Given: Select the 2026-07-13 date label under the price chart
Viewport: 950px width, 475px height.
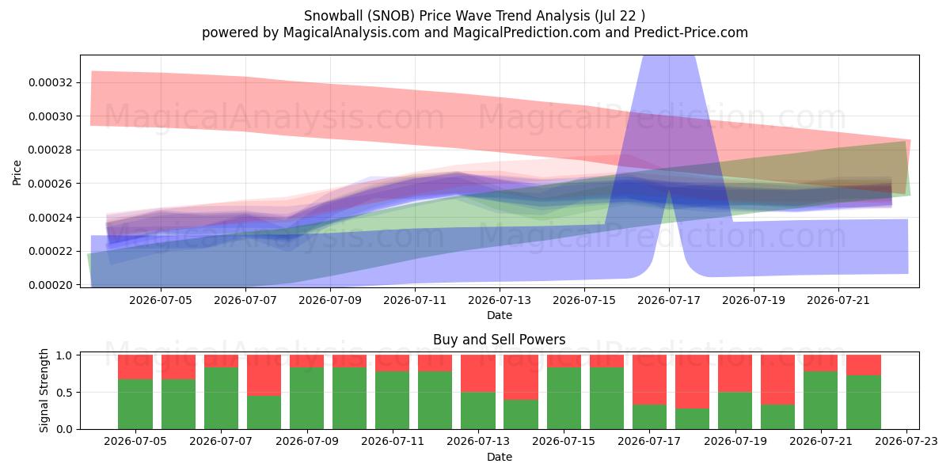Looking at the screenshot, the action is (500, 300).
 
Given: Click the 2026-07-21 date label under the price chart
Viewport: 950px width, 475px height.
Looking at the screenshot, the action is (838, 300).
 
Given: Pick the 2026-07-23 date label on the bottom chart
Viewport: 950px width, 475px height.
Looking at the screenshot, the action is (906, 442).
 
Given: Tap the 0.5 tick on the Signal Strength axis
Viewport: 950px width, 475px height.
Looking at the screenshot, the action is (63, 393).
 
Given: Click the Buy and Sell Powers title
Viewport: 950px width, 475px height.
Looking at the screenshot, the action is (500, 340).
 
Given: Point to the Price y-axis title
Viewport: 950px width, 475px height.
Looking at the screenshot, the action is (17, 173).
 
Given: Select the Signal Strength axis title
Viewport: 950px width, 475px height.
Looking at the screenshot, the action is (44, 390).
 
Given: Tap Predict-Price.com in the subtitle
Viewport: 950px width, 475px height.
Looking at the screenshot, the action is (691, 32).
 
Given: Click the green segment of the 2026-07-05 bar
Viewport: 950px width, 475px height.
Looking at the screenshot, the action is (135, 405).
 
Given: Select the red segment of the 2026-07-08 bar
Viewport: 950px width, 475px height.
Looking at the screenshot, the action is (264, 375).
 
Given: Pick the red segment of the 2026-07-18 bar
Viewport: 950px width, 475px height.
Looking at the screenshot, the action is (692, 382).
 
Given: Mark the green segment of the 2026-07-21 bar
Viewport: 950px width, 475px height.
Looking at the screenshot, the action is (821, 401).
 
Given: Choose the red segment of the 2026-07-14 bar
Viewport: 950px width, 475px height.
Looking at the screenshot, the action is (521, 378).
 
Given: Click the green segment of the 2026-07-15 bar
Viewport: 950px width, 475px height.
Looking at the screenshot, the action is (564, 398).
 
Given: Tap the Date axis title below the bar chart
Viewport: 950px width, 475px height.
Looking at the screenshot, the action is (500, 457).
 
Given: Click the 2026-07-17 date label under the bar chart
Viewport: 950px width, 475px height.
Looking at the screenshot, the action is (649, 442).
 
